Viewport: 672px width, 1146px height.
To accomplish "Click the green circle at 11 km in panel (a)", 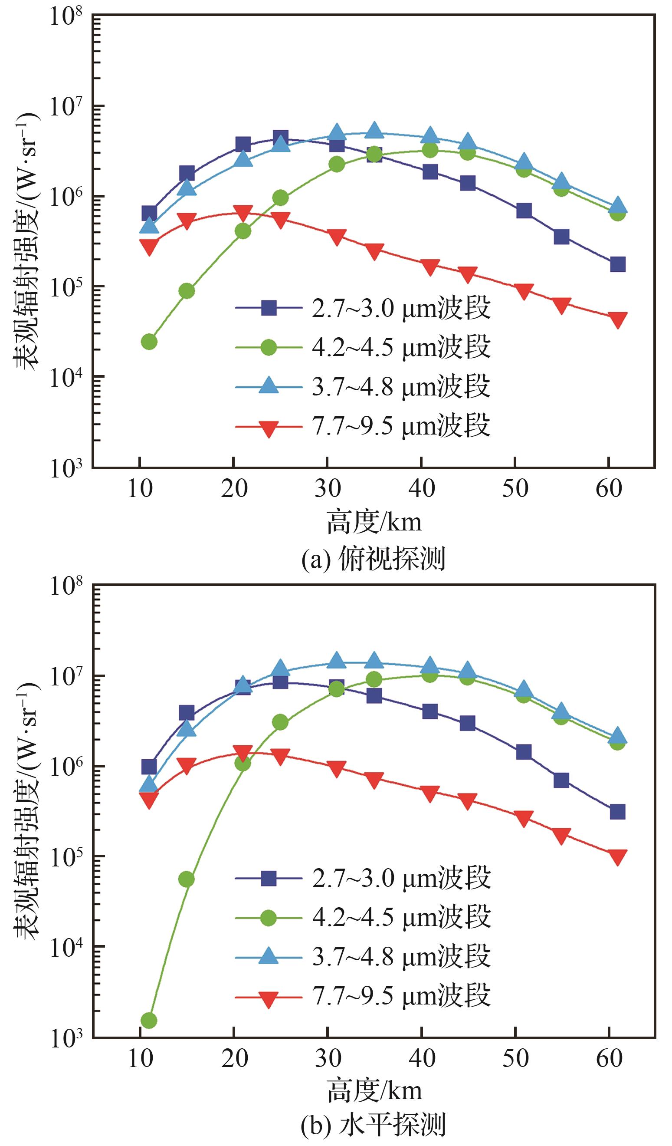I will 149,342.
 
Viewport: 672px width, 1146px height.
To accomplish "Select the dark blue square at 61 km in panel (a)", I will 617,264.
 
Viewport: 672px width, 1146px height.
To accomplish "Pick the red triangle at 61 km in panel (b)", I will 617,857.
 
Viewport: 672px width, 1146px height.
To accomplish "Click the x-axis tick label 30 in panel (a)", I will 328,489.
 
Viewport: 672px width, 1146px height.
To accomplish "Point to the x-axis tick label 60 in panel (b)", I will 609,1058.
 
